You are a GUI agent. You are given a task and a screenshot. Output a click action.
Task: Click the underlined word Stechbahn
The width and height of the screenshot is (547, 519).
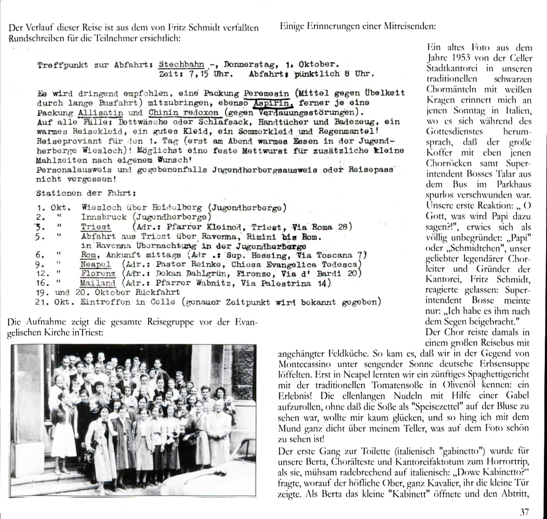[181, 65]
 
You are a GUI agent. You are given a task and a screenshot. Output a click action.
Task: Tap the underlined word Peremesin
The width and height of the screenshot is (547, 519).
[266, 94]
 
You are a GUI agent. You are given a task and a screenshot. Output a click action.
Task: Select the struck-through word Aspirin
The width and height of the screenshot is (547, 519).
[273, 103]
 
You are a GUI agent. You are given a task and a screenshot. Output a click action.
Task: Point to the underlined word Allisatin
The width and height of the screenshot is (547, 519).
[100, 113]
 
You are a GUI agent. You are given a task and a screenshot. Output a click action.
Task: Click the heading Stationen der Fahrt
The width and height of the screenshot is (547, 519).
[86, 193]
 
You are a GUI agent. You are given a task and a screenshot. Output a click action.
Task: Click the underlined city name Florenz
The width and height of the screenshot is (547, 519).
[98, 274]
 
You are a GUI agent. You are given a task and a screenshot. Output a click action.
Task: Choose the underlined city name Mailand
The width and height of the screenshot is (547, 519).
[98, 283]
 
